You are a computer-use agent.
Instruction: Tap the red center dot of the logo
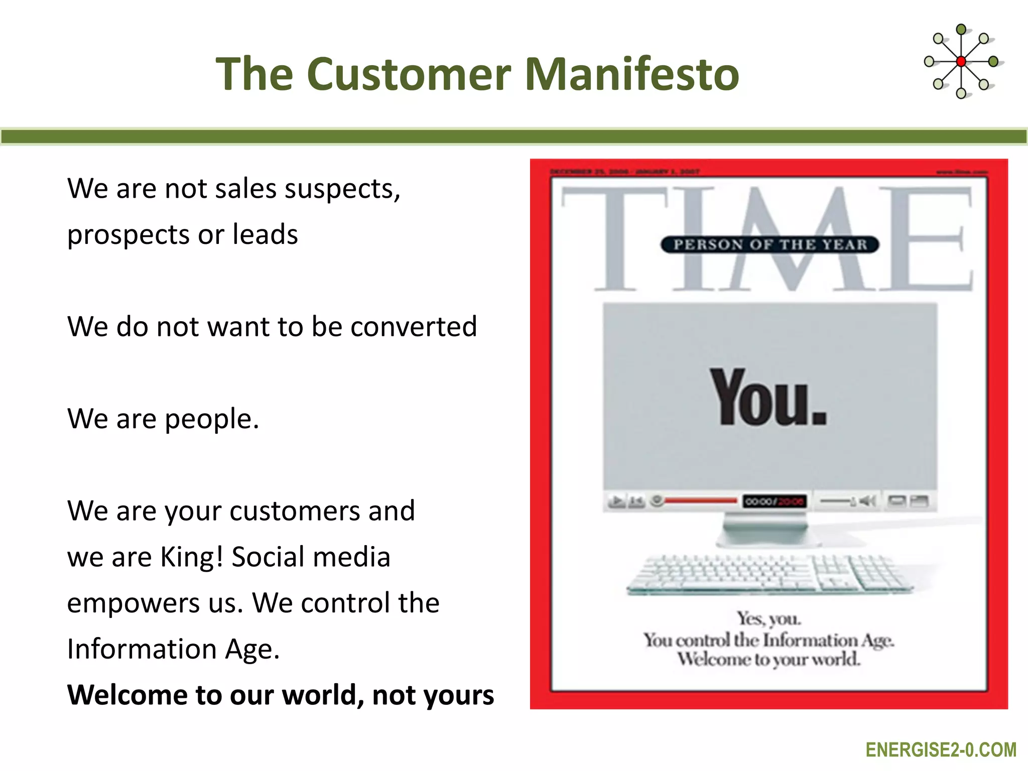(x=961, y=62)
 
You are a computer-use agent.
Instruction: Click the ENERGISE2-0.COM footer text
(x=941, y=750)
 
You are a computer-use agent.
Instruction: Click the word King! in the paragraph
(x=191, y=557)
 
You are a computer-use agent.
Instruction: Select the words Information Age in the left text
(x=173, y=649)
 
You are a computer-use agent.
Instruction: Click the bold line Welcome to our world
(x=280, y=695)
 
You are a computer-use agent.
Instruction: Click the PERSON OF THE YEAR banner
(x=769, y=244)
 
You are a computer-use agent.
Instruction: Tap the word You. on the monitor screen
(x=768, y=398)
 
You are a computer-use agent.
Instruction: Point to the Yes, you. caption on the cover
(x=768, y=618)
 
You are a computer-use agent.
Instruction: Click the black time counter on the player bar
(x=775, y=501)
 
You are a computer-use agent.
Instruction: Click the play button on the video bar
(x=616, y=500)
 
